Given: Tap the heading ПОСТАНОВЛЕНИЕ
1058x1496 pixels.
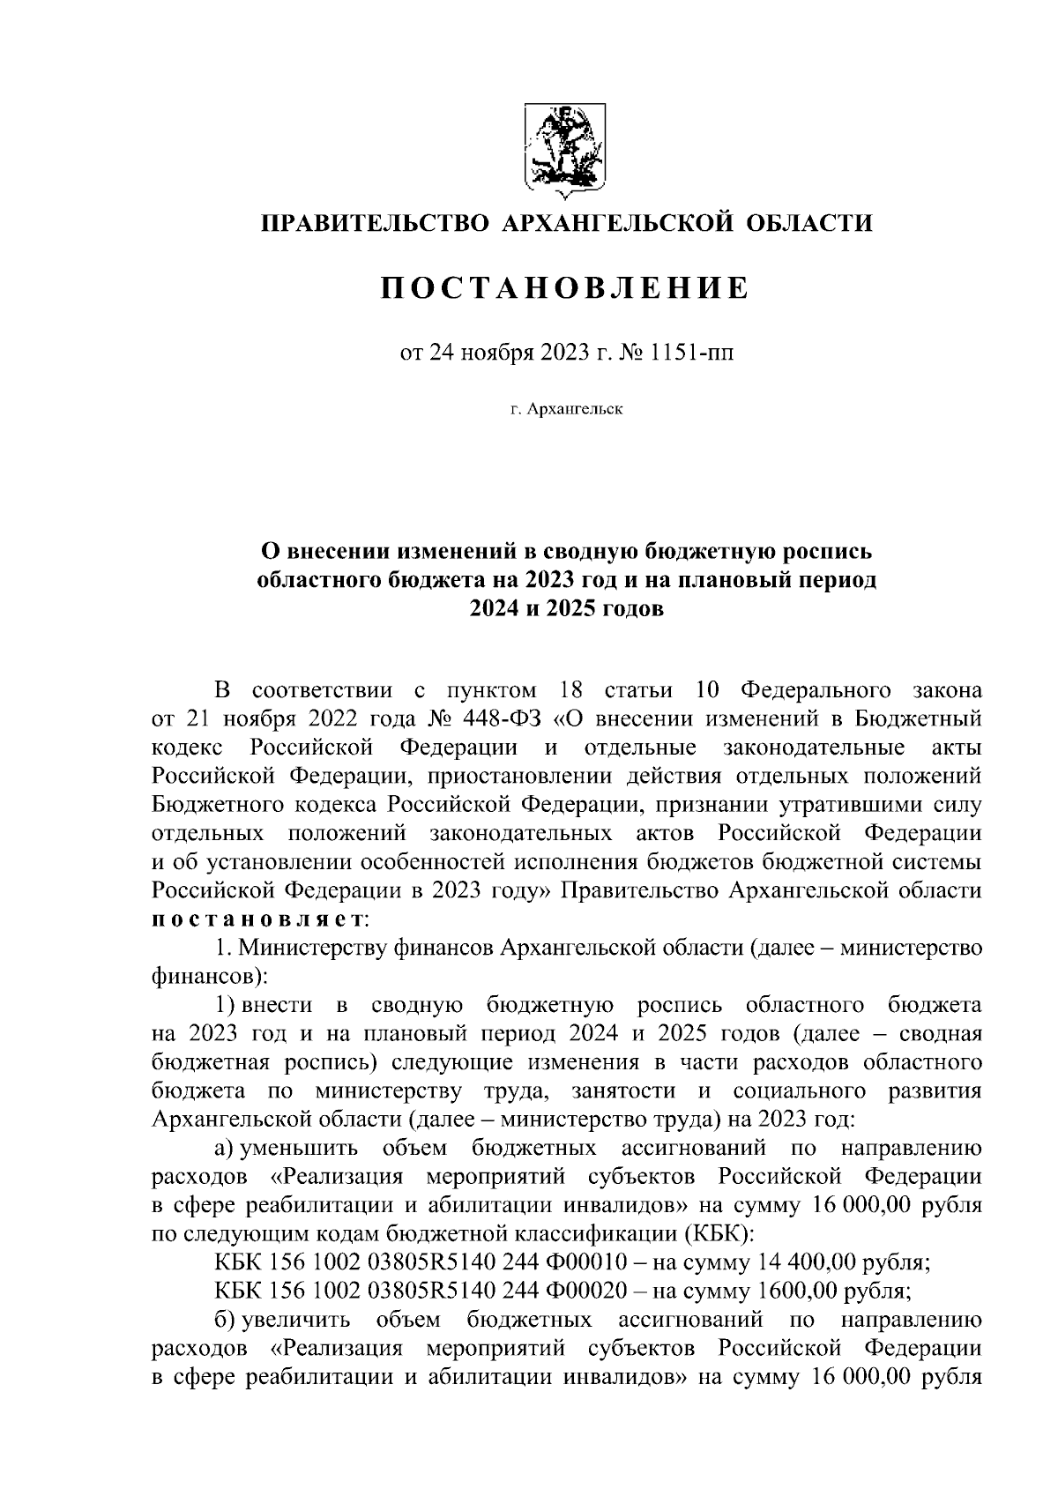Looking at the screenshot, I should (564, 288).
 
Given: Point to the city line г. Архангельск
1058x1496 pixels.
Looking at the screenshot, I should (565, 409).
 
